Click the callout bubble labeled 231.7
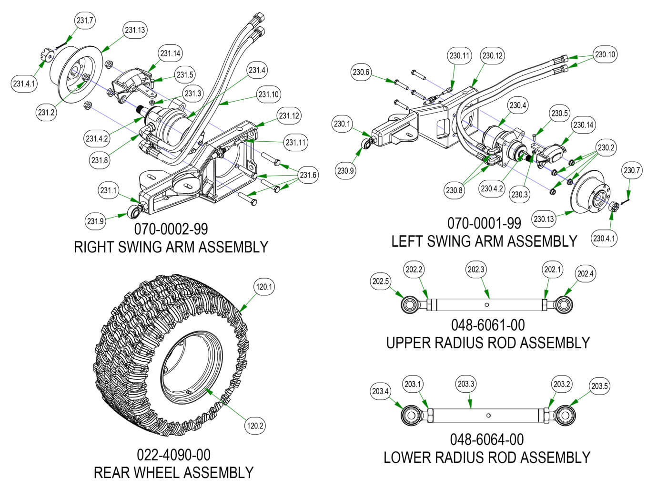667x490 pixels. tap(85, 21)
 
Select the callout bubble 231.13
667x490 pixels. tap(135, 30)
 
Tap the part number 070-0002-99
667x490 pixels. tap(171, 229)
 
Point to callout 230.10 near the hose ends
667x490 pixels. tap(605, 55)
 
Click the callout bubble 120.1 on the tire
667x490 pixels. tap(264, 287)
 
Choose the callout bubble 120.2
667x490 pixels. tap(255, 426)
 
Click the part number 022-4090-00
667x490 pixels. tap(173, 454)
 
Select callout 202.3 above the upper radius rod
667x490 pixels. tap(476, 270)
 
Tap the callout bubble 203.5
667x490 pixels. tap(599, 386)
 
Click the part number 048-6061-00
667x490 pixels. tap(488, 325)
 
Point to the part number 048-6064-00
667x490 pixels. tap(487, 439)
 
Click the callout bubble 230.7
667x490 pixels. tap(632, 170)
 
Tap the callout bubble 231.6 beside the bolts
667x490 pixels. tap(308, 175)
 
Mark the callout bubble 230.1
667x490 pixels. tap(342, 124)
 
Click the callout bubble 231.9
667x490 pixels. tap(95, 221)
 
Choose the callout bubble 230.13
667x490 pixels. tap(544, 219)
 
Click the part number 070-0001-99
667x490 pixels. tap(484, 223)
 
